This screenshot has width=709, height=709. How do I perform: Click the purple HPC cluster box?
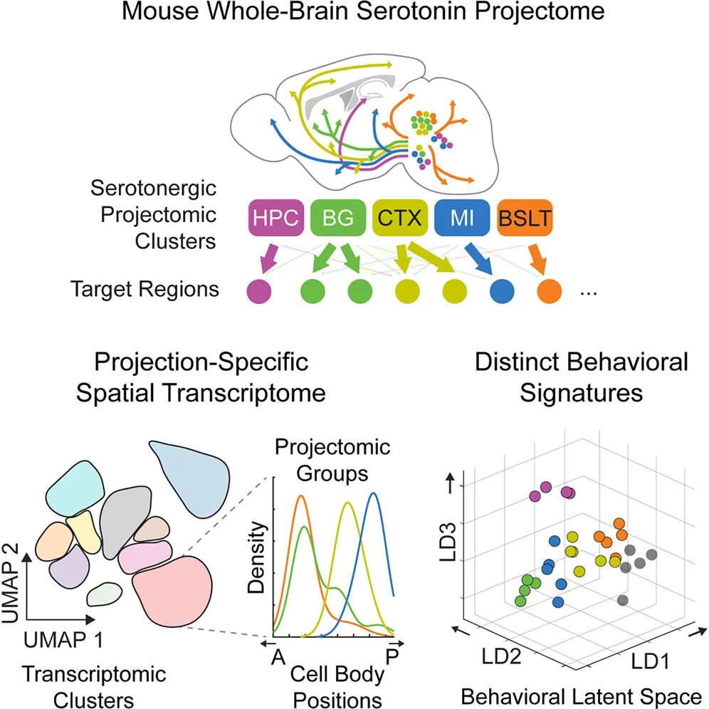point(275,218)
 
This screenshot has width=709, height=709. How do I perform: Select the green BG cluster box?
point(337,218)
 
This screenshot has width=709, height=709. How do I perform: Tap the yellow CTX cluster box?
point(400,218)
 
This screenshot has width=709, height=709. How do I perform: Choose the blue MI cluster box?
point(462,218)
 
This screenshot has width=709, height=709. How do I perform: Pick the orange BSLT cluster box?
point(525,218)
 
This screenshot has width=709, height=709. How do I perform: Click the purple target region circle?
point(258,290)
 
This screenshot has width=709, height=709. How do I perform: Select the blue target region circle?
point(502,290)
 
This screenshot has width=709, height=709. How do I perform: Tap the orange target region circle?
point(550,290)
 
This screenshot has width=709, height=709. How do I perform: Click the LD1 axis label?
point(650,662)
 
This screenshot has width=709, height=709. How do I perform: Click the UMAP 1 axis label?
point(63,640)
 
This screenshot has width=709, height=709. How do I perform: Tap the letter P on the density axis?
point(392,656)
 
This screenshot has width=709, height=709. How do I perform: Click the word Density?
point(256,557)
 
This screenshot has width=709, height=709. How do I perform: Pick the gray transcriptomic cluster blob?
point(125,523)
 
